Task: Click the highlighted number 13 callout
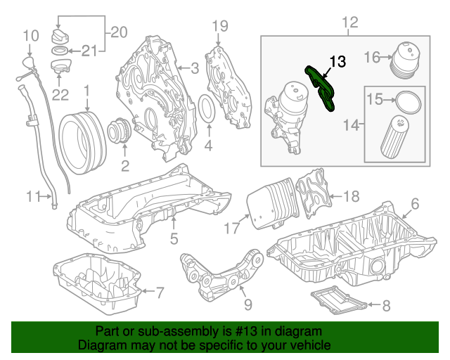pyautogui.click(x=337, y=62)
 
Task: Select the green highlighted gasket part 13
pyautogui.click(x=321, y=89)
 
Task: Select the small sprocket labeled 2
pyautogui.click(x=117, y=133)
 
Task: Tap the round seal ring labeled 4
pyautogui.click(x=210, y=112)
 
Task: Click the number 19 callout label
pyautogui.click(x=220, y=26)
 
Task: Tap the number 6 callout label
pyautogui.click(x=414, y=204)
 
